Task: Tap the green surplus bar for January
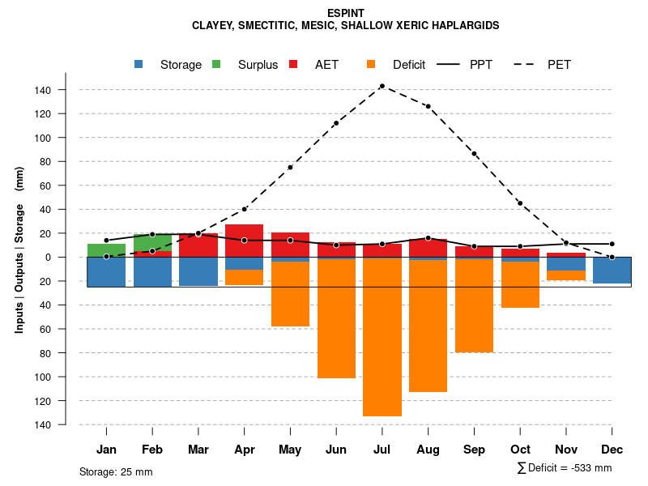click(x=106, y=249)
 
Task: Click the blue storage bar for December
click(x=612, y=270)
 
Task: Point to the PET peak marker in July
click(x=382, y=86)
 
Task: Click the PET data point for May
click(x=290, y=168)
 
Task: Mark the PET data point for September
click(x=474, y=154)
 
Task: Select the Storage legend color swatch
click(x=139, y=65)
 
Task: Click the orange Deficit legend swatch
click(x=372, y=65)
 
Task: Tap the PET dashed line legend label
click(x=559, y=65)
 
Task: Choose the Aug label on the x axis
click(x=428, y=450)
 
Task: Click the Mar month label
click(x=198, y=450)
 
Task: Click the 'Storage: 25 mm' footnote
click(x=116, y=471)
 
